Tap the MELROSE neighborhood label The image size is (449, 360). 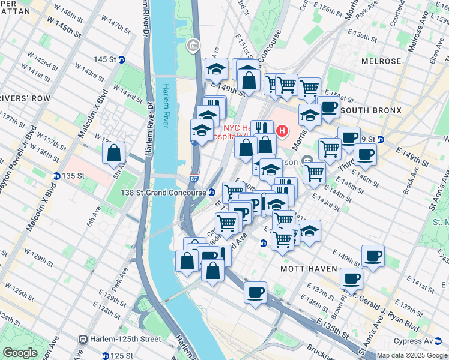pos(381,61)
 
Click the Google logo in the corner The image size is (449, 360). pos(20,353)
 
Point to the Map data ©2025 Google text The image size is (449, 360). pos(411,355)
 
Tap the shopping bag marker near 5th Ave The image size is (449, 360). pos(114,154)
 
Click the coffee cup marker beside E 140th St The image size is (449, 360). pos(373,257)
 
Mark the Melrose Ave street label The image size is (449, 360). pos(418,24)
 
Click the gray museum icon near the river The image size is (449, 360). pos(193,46)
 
